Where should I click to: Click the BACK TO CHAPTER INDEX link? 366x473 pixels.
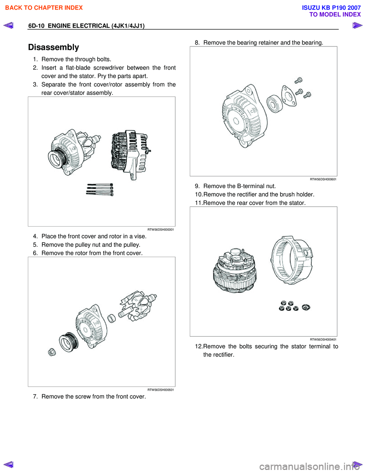tap(44, 8)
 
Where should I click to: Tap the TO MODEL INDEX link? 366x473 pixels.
tap(335, 14)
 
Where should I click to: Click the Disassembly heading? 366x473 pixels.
tap(53, 47)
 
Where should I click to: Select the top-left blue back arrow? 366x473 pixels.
tap(8, 26)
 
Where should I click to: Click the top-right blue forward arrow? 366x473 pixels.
tap(357, 26)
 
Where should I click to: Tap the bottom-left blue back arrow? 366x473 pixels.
tap(8, 464)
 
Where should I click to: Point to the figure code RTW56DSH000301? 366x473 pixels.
tap(161, 230)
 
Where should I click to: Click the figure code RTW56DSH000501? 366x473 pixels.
tap(161, 390)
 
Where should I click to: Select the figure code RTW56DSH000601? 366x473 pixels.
tap(323, 179)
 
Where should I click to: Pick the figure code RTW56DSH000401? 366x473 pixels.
tap(323, 340)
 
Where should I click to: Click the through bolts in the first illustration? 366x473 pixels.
tap(100, 189)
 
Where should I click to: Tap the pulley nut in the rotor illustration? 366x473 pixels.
tap(52, 352)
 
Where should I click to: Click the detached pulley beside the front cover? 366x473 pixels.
tap(68, 342)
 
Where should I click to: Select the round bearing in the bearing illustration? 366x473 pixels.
tap(274, 103)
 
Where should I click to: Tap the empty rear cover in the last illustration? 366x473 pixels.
tap(292, 260)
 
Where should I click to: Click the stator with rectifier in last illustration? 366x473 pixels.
tap(234, 271)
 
